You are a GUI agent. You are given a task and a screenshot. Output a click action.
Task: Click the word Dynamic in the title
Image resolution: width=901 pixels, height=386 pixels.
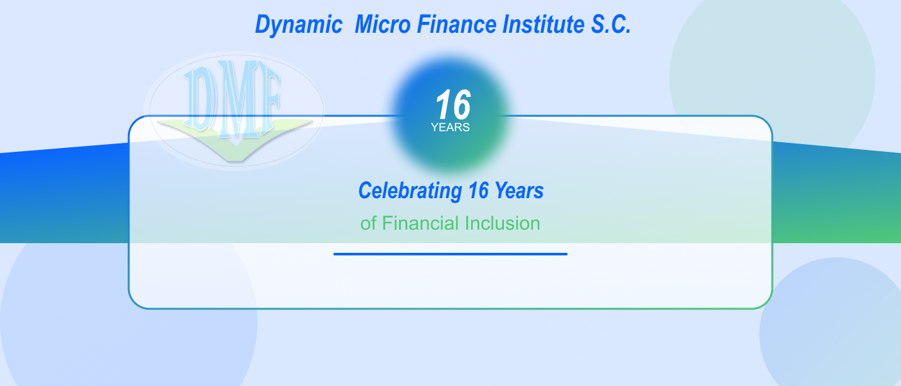(299, 25)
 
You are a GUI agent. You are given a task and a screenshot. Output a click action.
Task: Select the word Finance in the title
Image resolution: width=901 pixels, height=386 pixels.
(456, 25)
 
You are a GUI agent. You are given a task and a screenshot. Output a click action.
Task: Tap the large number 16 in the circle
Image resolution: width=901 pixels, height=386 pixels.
(453, 105)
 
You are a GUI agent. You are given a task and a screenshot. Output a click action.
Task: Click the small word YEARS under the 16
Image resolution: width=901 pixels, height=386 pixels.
(450, 127)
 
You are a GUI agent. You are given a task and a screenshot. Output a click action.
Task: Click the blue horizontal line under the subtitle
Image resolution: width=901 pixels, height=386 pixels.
(450, 254)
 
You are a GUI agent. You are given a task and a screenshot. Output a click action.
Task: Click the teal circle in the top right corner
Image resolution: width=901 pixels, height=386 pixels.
(772, 71)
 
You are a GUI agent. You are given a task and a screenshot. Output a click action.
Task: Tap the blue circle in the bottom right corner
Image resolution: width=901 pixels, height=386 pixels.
(837, 328)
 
